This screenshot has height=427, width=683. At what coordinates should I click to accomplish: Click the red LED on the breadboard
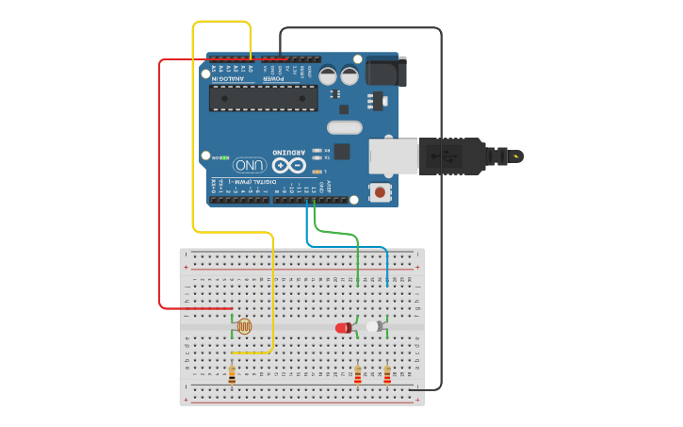coord(343,327)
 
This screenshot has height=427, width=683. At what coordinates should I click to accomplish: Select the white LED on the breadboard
coord(374,326)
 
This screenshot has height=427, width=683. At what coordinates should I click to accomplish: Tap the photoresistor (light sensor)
coord(244,326)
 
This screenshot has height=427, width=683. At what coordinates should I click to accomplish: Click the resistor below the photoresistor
coord(232,374)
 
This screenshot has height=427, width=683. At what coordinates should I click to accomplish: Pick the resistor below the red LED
coord(357,374)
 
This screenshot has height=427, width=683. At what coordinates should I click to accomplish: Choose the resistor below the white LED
coord(386,374)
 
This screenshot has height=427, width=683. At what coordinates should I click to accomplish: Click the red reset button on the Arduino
coord(381,192)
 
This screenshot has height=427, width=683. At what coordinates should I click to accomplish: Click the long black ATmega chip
coord(264,98)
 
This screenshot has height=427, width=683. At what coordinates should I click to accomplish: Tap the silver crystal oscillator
coord(344,127)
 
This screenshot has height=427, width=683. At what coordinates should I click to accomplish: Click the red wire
coord(159,189)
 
